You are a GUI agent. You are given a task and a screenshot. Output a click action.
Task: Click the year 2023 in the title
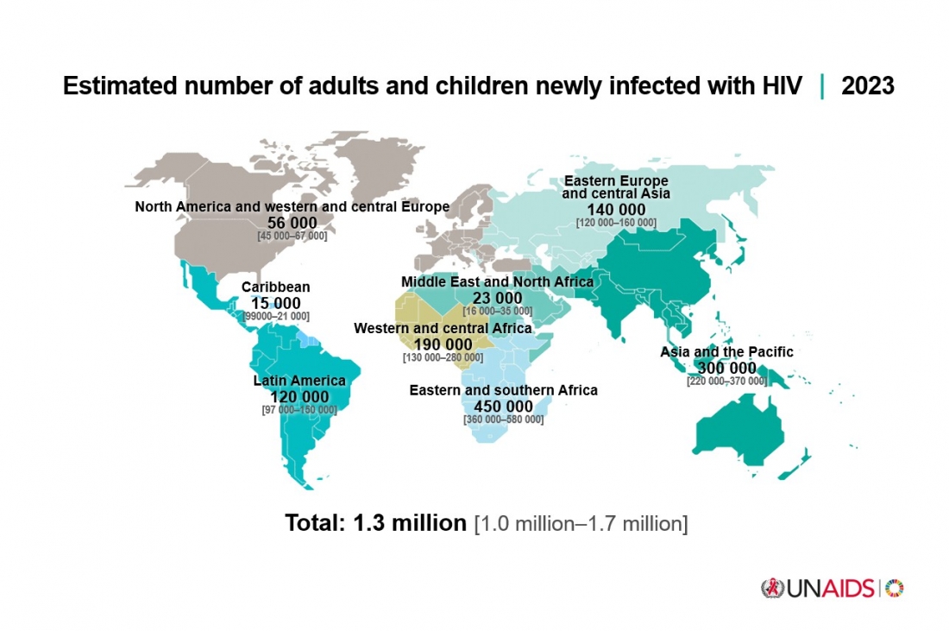pyautogui.click(x=867, y=86)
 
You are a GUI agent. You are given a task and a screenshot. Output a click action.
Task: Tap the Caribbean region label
pyautogui.click(x=275, y=287)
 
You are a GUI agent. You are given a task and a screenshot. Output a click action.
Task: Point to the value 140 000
pyautogui.click(x=615, y=210)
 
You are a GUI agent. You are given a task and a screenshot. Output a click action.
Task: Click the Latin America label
pyautogui.click(x=299, y=381)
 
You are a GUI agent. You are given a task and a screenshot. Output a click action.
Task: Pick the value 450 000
pyautogui.click(x=503, y=407)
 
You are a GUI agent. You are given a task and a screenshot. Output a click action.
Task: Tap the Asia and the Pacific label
pyautogui.click(x=726, y=352)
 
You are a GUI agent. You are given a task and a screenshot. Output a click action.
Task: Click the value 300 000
pyautogui.click(x=726, y=368)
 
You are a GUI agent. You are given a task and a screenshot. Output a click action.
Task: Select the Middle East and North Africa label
pyautogui.click(x=497, y=282)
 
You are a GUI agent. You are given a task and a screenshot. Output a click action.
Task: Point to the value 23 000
pyautogui.click(x=497, y=298)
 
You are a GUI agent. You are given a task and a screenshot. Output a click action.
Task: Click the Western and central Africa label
pyautogui.click(x=443, y=329)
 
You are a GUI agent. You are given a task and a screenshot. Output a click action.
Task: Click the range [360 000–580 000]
pyautogui.click(x=503, y=420)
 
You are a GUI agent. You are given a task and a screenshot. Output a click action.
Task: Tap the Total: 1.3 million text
pyautogui.click(x=375, y=523)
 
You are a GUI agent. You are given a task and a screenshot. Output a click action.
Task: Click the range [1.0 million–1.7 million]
pyautogui.click(x=581, y=524)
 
